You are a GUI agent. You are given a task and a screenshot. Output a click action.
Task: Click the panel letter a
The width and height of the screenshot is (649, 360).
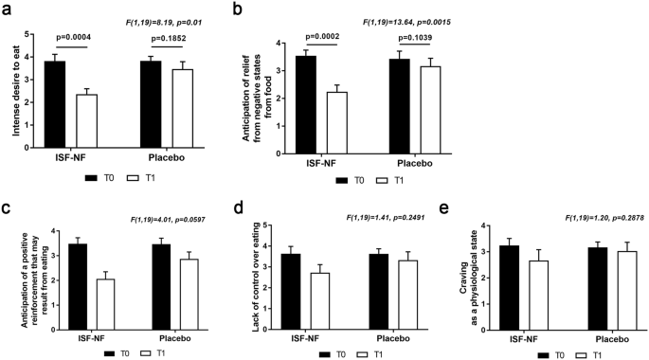click(x=8, y=9)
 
